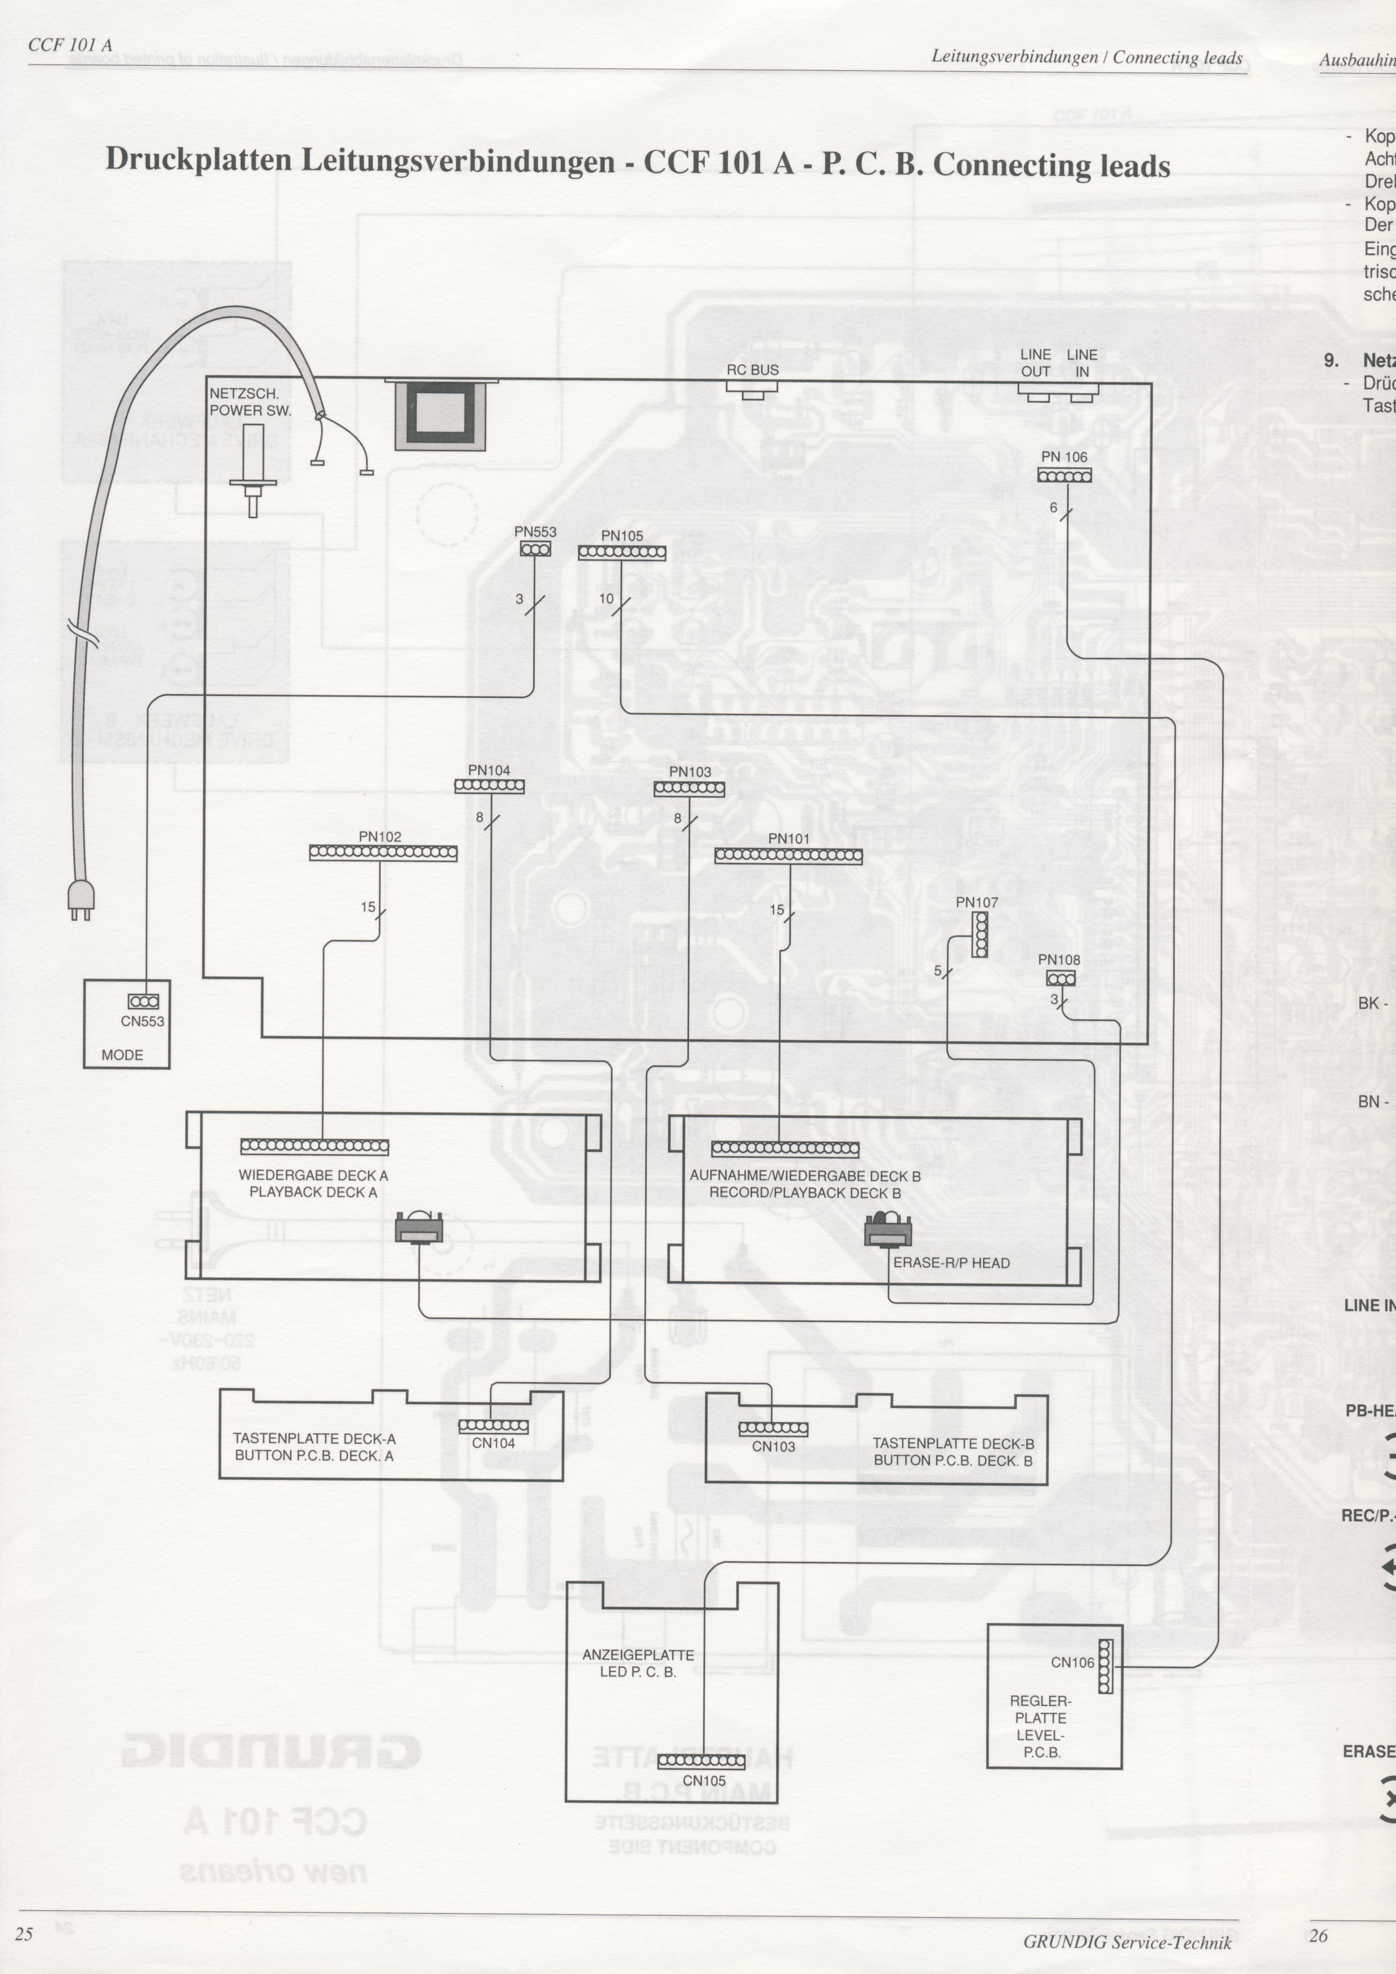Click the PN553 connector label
point(535,532)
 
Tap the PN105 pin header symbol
point(621,553)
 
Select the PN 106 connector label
point(1064,456)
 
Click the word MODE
point(122,1055)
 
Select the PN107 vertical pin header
point(979,934)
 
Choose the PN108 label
point(1059,960)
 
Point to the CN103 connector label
point(773,1446)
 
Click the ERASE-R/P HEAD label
point(951,1263)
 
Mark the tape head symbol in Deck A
point(419,1227)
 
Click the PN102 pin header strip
point(383,853)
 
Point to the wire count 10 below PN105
point(606,598)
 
